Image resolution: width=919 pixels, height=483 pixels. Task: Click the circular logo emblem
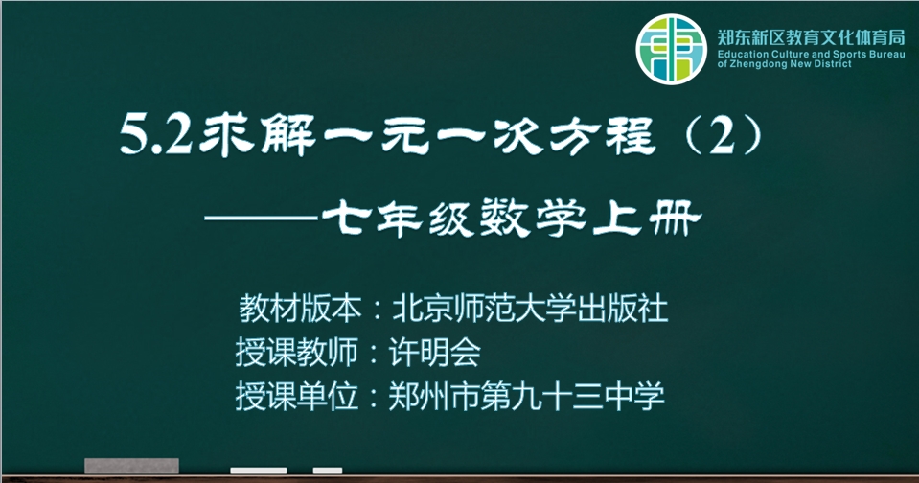[671, 49]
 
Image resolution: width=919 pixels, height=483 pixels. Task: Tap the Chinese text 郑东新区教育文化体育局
[811, 37]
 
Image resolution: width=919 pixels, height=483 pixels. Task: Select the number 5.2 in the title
[155, 135]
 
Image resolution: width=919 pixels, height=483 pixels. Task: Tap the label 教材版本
[300, 309]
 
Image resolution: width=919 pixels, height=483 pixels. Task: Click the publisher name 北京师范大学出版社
[530, 309]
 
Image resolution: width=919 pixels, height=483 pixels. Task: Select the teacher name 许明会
[434, 353]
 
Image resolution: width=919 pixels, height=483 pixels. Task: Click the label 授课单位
[296, 396]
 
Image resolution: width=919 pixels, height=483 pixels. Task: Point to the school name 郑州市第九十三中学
[526, 396]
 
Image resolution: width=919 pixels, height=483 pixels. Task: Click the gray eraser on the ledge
[132, 466]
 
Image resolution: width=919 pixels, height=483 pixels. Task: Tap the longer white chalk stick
[259, 471]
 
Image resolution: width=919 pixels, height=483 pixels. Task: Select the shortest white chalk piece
[328, 471]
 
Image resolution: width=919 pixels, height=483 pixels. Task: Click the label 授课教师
[296, 353]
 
